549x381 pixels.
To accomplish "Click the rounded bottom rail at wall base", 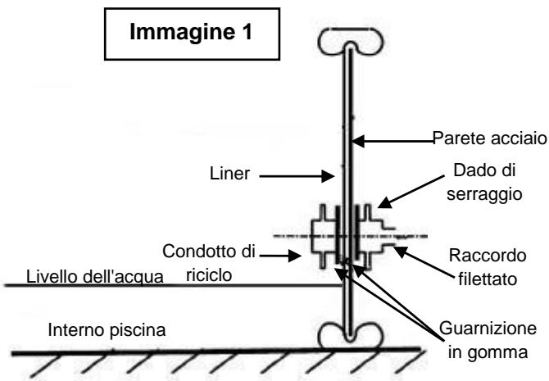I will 347,335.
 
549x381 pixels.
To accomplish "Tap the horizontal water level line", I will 164,284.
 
